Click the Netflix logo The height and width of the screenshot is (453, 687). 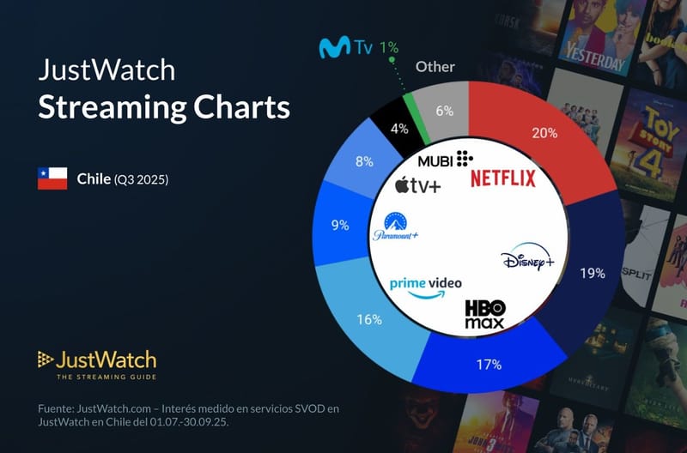503,178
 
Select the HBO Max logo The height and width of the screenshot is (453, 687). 485,315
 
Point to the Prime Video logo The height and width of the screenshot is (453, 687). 425,287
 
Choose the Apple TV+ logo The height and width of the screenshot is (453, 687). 417,184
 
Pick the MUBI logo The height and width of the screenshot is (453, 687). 445,160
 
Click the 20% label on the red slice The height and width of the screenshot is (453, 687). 544,133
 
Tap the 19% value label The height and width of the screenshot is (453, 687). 593,273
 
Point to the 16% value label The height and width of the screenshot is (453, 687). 369,319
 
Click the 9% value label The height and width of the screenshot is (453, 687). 339,226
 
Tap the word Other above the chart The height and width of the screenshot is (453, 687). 435,66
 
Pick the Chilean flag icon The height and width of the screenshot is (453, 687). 52,178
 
